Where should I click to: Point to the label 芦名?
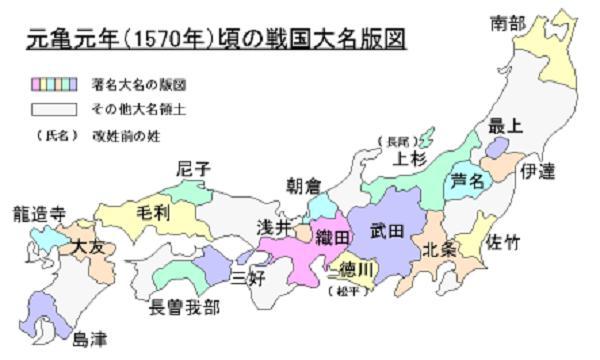coord(469,181)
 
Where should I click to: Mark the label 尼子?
coord(194,170)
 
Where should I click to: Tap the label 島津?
coord(93,339)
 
